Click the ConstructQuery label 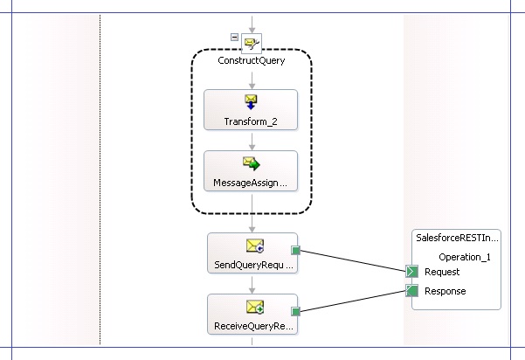click(x=251, y=61)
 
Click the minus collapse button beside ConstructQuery click(x=234, y=36)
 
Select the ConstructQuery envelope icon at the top click(x=252, y=42)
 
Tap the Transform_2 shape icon click(x=251, y=102)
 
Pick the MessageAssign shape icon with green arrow click(x=251, y=163)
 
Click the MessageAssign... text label click(x=251, y=183)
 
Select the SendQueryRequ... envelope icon click(x=254, y=246)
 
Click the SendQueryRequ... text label click(x=252, y=264)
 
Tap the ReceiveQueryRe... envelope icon click(x=254, y=307)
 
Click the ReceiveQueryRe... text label click(x=252, y=327)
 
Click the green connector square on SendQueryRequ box click(x=296, y=251)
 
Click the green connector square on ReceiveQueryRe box click(x=296, y=311)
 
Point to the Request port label click(x=442, y=273)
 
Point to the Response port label click(x=445, y=291)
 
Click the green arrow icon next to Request click(x=411, y=273)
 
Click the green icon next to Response click(x=411, y=291)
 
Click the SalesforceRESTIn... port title click(x=457, y=238)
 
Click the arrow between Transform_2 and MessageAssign click(x=251, y=140)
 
